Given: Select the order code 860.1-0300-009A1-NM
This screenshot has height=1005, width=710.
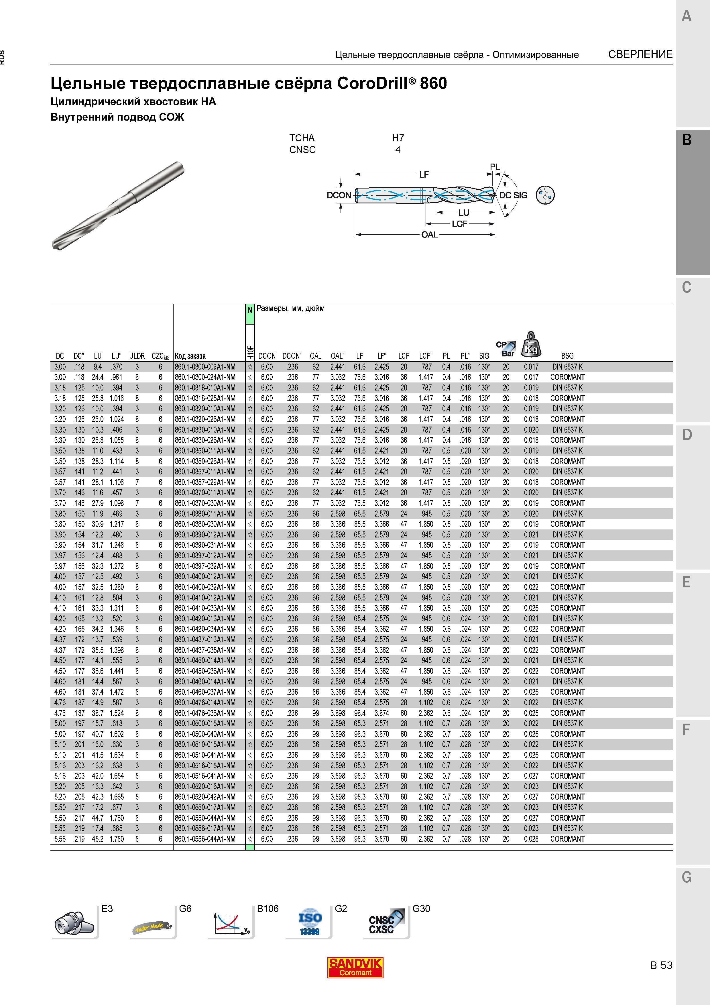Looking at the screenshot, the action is click(x=205, y=367).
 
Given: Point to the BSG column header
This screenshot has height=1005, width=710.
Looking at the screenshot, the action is click(x=567, y=356).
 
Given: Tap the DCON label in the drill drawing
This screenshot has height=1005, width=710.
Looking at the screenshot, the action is click(x=339, y=195).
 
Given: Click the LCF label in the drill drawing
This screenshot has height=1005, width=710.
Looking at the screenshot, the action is click(x=459, y=224).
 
